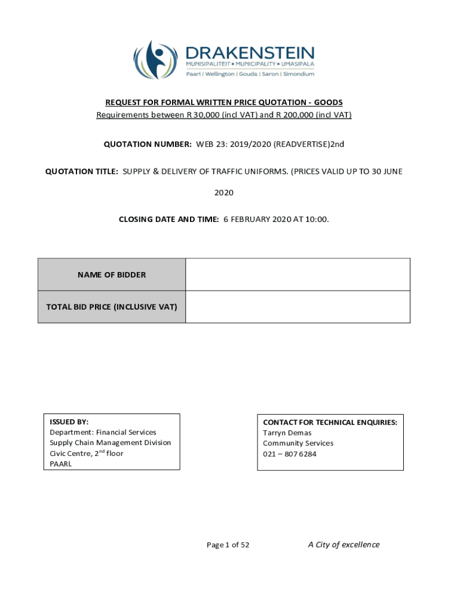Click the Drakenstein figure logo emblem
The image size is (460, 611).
coord(155,60)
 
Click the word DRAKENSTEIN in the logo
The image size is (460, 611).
coord(250,52)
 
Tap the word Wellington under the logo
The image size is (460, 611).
coord(220,74)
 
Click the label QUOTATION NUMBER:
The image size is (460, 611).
coord(148,144)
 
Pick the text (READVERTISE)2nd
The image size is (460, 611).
coord(309,144)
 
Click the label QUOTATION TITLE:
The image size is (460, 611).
coord(82,171)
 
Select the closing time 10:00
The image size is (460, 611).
coord(318,220)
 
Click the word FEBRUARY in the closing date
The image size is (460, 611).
coord(253,220)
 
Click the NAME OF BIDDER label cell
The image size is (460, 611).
coord(112,275)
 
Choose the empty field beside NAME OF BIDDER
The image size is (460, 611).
coord(298,275)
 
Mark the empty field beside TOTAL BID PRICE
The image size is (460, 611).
coord(298,307)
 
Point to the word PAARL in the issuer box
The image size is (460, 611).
coord(60,464)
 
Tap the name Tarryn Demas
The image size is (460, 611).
coord(287,433)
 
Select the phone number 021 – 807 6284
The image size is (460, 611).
coord(290,454)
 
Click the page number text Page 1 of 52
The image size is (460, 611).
coord(228,545)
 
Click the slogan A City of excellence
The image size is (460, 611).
coord(344,544)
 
